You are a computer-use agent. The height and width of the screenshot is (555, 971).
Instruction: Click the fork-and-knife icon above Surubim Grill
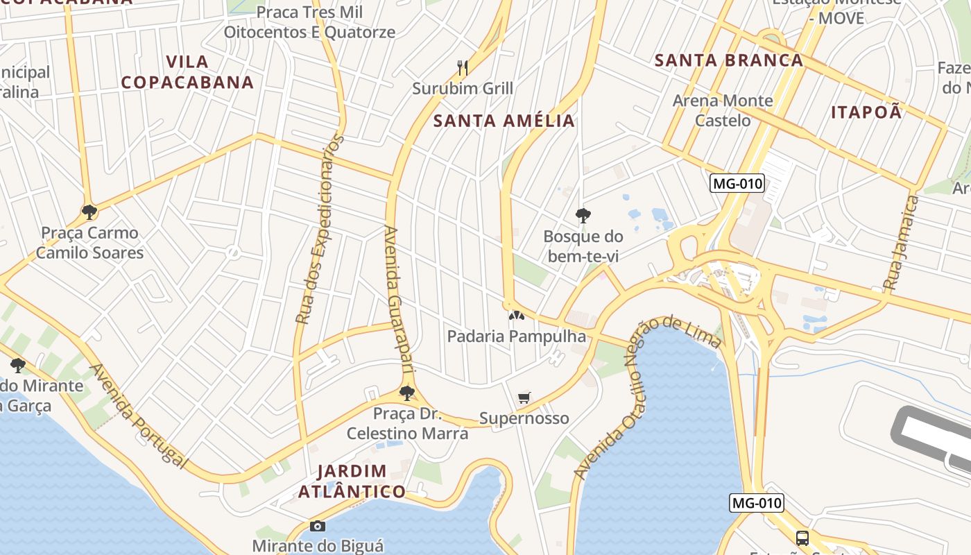point(463,67)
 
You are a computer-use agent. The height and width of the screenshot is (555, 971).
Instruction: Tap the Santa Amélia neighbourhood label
point(504,121)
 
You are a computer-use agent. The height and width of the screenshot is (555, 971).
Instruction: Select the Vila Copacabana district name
point(187,72)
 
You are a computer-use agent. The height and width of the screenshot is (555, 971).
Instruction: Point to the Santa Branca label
point(729,60)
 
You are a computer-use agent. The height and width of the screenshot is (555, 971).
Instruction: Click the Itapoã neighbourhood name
point(866,112)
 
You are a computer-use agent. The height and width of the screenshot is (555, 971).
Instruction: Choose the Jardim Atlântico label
point(352,481)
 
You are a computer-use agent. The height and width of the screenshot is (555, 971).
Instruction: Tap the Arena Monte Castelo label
point(722,110)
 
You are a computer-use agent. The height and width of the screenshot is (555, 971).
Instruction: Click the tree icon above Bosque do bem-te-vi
point(583,215)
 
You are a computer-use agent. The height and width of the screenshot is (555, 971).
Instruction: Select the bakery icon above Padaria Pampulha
point(516,316)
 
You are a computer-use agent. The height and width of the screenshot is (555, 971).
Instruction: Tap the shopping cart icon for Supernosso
point(524,398)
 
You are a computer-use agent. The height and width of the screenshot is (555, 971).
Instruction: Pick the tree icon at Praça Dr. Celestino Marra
point(407,393)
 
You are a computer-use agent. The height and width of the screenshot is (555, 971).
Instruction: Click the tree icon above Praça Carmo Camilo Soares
point(89,212)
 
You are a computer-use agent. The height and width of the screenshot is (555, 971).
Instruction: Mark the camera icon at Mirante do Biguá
point(318,526)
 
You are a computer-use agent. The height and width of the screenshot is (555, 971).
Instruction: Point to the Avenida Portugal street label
point(139,416)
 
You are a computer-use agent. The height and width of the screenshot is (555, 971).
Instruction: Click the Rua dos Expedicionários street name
point(320,230)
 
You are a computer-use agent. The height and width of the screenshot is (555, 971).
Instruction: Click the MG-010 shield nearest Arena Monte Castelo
point(737,184)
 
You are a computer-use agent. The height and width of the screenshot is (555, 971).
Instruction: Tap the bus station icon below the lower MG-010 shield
point(802,538)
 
